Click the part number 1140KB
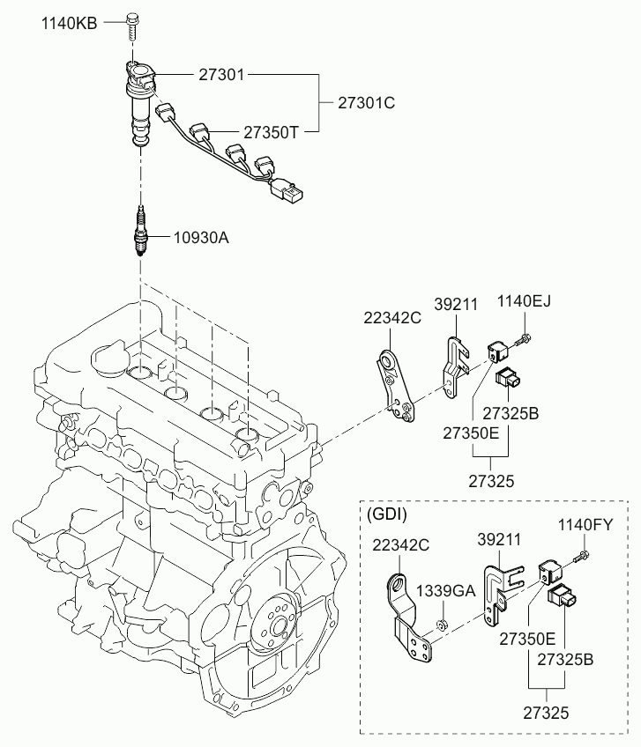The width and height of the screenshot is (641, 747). [69, 23]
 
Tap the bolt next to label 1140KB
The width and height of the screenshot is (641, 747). [131, 27]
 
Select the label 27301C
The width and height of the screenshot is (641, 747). [366, 103]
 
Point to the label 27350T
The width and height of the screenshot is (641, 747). [271, 132]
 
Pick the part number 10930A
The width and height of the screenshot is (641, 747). [201, 237]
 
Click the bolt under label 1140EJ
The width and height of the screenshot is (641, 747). [523, 341]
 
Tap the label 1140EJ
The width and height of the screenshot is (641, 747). [524, 301]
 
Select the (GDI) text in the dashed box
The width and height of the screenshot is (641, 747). [387, 514]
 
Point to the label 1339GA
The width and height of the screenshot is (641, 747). [445, 591]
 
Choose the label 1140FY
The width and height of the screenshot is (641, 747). [585, 525]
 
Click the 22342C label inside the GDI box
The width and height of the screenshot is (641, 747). [400, 545]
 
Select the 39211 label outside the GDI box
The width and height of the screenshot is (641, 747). [456, 305]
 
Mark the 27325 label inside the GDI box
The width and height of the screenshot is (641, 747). [546, 714]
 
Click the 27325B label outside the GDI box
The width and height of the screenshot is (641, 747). [511, 413]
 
